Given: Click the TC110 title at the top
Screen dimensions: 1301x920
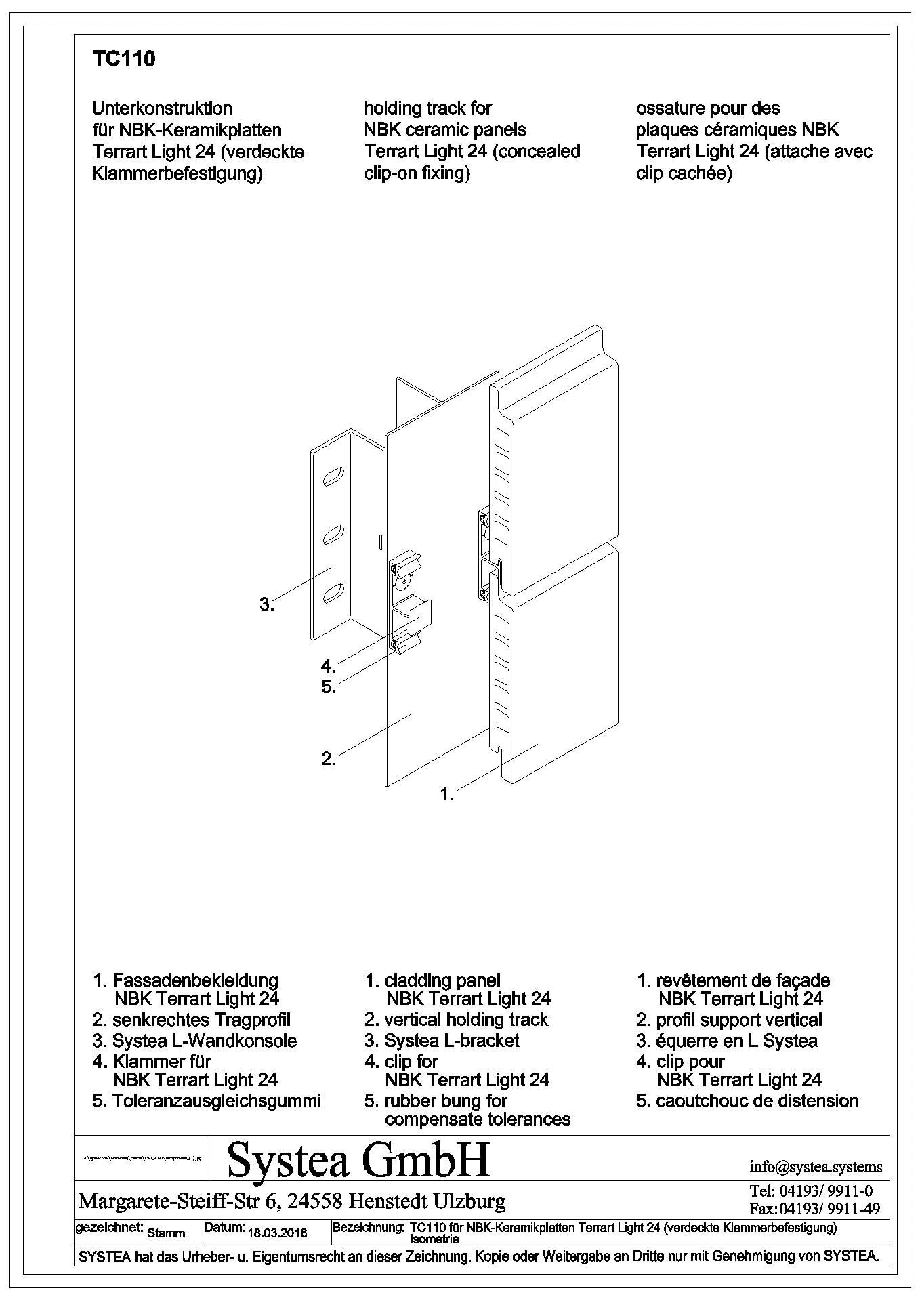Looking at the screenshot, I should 123,60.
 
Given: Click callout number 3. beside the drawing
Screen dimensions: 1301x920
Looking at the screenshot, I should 267,604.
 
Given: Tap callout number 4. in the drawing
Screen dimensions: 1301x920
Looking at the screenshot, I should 329,665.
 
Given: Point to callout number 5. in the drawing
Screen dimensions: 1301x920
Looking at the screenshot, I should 329,686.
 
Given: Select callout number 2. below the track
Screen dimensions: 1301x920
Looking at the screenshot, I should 329,759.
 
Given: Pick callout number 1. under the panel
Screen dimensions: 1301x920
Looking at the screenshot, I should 447,794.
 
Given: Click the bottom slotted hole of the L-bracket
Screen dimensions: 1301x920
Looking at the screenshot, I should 333,593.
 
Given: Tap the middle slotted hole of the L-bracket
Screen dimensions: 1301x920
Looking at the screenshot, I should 333,535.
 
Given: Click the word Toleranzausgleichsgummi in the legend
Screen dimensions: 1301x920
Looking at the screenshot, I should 216,1100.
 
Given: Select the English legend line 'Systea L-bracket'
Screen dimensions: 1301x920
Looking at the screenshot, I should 451,1040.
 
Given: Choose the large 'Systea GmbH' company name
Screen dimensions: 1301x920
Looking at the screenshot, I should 358,1160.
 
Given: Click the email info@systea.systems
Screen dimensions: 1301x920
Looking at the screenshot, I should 816,1167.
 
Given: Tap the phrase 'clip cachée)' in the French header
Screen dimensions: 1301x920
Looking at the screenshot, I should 684,173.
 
